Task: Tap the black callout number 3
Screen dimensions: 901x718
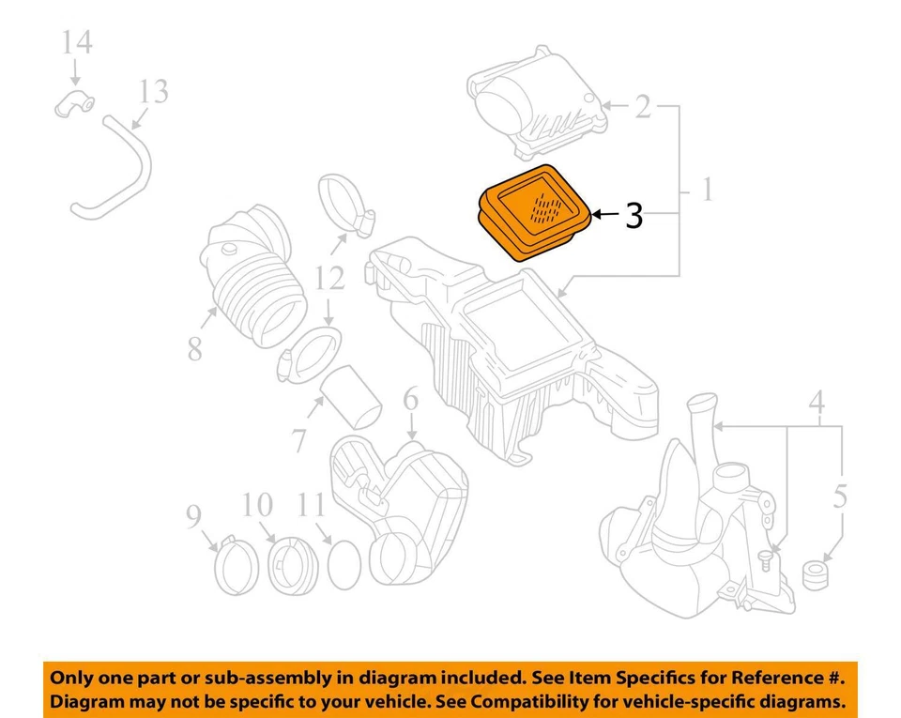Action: click(634, 216)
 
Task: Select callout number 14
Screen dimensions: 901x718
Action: click(77, 43)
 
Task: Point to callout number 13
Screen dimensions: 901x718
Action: click(153, 92)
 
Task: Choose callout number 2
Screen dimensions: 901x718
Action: click(642, 106)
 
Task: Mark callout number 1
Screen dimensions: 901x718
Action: click(705, 191)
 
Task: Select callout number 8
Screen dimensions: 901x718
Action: click(194, 349)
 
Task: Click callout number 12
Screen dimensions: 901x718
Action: click(329, 278)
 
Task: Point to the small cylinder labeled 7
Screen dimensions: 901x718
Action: click(353, 398)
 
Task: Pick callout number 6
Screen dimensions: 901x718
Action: click(410, 401)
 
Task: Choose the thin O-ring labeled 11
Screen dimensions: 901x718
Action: click(344, 566)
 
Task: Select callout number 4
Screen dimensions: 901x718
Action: click(817, 404)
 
